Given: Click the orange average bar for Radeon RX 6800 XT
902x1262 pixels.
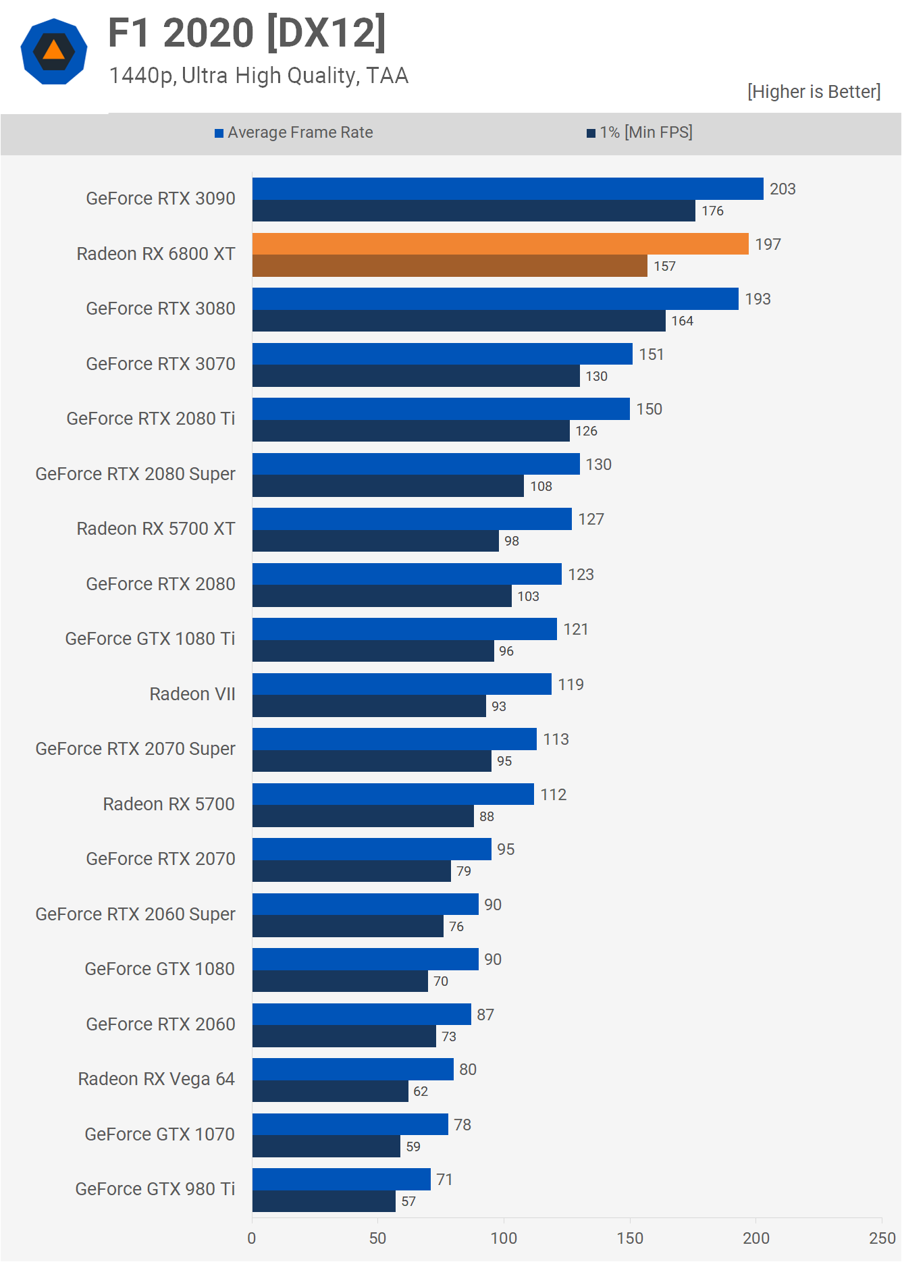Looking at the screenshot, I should [500, 244].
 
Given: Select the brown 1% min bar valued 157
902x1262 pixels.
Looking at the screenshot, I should [450, 266].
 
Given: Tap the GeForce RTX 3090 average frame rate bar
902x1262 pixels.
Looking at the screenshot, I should [508, 188].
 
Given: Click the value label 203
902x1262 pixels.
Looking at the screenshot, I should [782, 189].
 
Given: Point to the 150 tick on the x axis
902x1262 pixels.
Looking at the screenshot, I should [630, 1238].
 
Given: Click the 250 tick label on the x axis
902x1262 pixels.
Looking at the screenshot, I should [882, 1238].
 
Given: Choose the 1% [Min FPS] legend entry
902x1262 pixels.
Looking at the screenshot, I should [639, 132].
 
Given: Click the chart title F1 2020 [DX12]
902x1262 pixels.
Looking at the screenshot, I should [247, 32].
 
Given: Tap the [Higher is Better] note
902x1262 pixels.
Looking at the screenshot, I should [814, 92].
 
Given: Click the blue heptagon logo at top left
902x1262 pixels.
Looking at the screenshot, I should [54, 51].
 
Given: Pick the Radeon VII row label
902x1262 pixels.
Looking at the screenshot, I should [192, 694].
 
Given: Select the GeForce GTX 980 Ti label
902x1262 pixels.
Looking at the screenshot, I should [155, 1189].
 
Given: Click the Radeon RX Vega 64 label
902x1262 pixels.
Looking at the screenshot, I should [157, 1079].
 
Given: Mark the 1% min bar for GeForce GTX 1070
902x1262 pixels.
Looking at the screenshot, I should [326, 1147].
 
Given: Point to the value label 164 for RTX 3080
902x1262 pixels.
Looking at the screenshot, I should [682, 321].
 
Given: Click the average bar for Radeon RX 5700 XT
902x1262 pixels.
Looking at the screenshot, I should [412, 519].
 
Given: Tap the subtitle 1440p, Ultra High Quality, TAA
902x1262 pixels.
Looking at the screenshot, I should [259, 76].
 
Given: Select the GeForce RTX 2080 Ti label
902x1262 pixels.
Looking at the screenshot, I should [151, 419].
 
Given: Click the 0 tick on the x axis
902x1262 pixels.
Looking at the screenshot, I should [252, 1238].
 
